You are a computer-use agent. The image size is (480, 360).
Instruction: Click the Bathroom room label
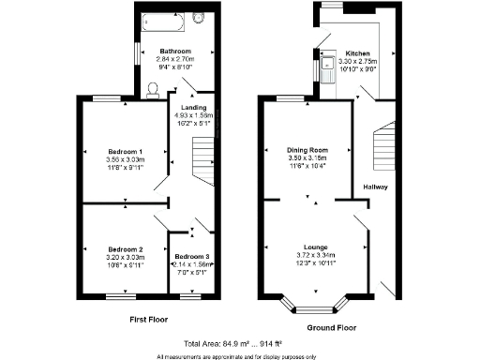pyautogui.click(x=175, y=51)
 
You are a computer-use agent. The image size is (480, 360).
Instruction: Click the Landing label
pyautogui.click(x=193, y=107)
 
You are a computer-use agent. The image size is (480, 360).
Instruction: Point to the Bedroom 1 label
pyautogui.click(x=125, y=151)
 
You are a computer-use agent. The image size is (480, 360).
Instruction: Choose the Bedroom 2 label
pyautogui.click(x=125, y=248)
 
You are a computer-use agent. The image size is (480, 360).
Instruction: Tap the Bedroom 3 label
pyautogui.click(x=191, y=256)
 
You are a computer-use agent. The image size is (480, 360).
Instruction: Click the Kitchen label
pyautogui.click(x=358, y=53)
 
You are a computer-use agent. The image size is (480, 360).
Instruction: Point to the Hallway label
pyautogui.click(x=376, y=187)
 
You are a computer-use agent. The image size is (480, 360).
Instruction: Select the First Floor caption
pyautogui.click(x=147, y=320)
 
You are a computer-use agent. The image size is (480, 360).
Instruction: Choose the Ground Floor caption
pyautogui.click(x=333, y=328)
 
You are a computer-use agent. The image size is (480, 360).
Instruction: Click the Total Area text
pyautogui.click(x=237, y=344)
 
